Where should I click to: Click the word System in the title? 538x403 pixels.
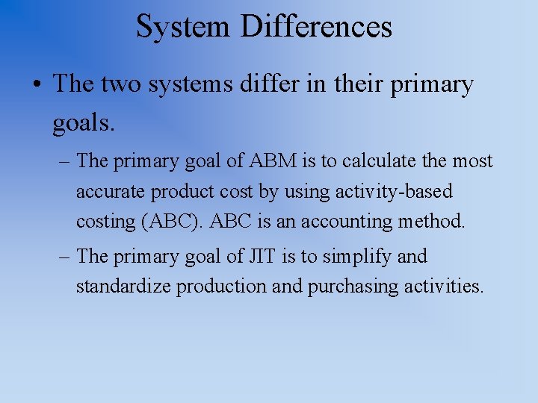pyautogui.click(x=183, y=27)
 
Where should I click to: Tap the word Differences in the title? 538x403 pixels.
pyautogui.click(x=316, y=27)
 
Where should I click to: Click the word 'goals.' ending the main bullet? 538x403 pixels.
pyautogui.click(x=84, y=122)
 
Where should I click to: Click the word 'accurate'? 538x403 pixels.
pyautogui.click(x=111, y=192)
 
